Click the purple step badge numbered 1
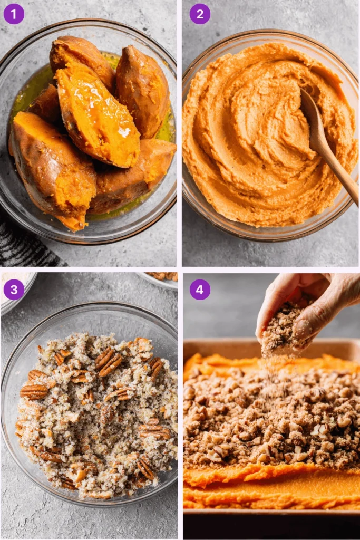click(14, 14)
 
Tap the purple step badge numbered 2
click(200, 14)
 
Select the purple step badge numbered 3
click(14, 290)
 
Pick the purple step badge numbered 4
click(200, 290)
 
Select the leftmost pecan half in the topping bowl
click(33, 391)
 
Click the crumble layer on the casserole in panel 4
click(264, 417)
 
